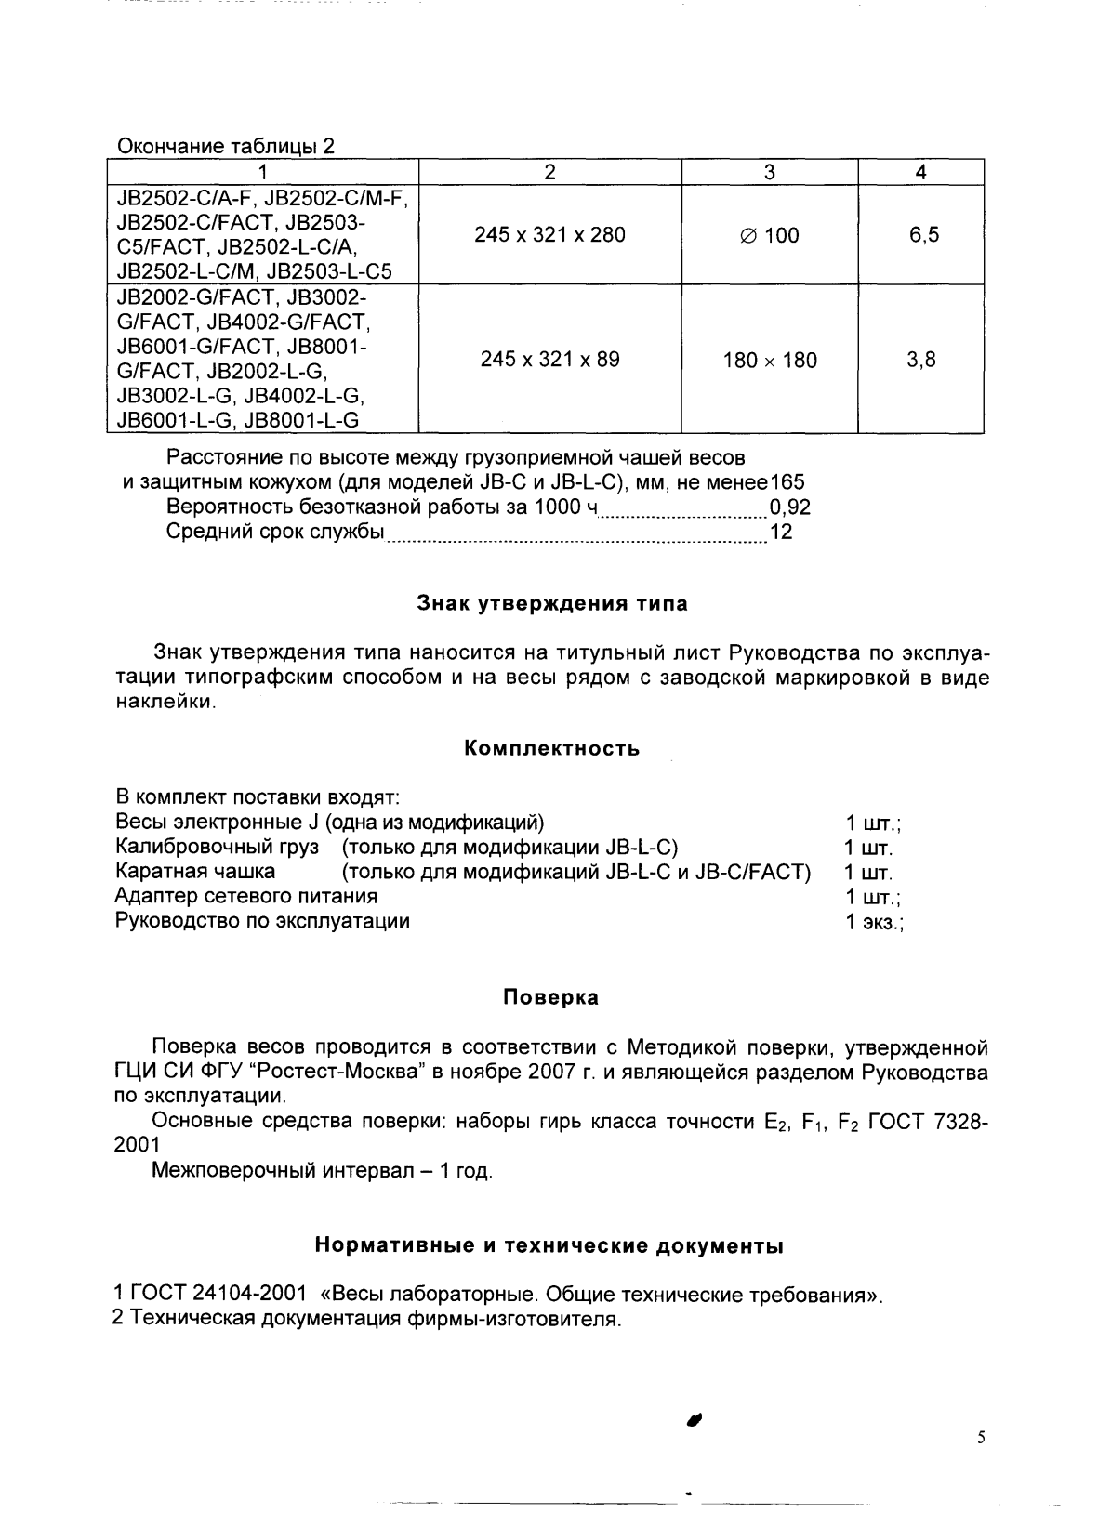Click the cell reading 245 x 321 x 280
click(x=549, y=235)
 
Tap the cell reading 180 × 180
click(x=770, y=361)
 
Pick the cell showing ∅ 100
click(x=770, y=235)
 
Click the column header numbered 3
click(x=770, y=172)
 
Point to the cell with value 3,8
click(x=921, y=360)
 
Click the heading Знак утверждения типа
click(x=550, y=604)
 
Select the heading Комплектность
click(x=551, y=749)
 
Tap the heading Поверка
click(x=550, y=998)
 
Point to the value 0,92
click(x=789, y=507)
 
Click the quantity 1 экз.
click(x=874, y=922)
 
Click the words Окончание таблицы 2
click(x=224, y=147)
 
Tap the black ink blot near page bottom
click(x=694, y=1419)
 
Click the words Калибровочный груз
click(x=217, y=848)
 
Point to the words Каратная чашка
click(x=195, y=872)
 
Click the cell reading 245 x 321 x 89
click(x=549, y=360)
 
